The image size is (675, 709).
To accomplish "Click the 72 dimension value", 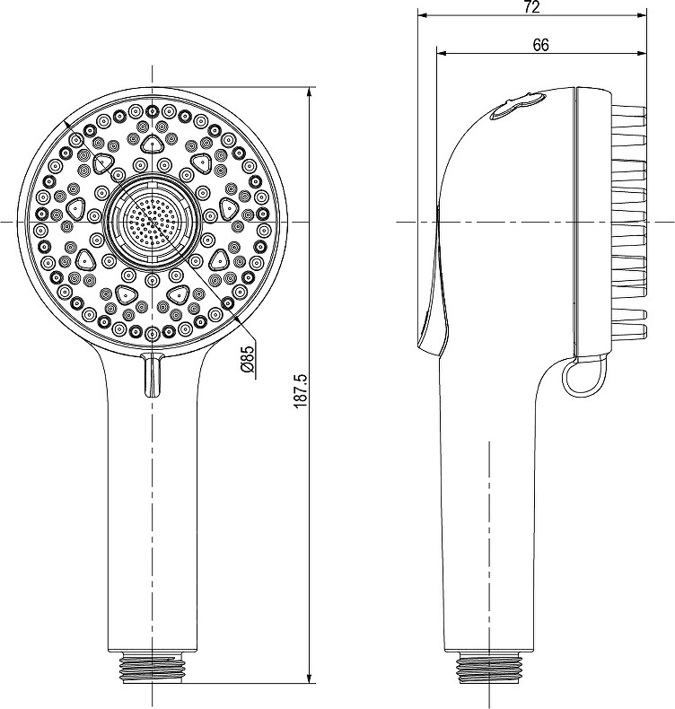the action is point(532,7).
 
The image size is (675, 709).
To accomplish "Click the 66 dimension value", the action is point(540,45).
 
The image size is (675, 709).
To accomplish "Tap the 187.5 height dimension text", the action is point(300,391).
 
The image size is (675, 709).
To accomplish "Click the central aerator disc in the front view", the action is point(153,223).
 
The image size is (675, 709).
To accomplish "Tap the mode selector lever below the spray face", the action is point(153,375).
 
